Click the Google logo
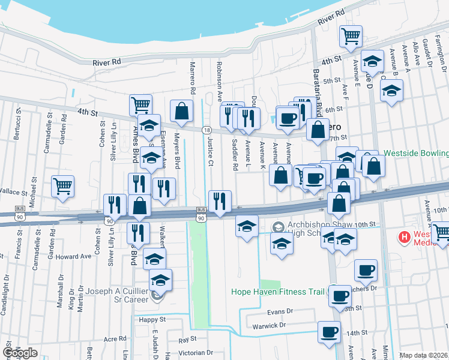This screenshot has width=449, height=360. point(20,353)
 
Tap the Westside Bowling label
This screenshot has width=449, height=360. point(416,153)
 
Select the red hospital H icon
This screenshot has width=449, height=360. point(404,237)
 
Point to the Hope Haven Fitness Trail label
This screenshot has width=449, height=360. point(278,293)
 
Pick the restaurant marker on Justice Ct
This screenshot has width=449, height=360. point(219,200)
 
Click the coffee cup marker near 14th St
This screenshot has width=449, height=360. point(328,332)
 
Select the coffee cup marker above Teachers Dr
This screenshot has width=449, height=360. point(366,269)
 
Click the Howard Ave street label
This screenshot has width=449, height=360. point(77,256)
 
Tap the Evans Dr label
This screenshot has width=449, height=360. point(280,311)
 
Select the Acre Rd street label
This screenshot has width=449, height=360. point(115,338)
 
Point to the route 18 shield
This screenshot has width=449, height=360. point(206,130)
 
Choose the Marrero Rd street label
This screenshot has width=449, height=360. point(193,79)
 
